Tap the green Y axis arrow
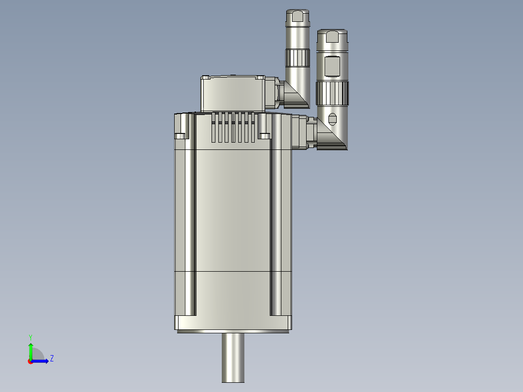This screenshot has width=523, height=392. click(x=31, y=349)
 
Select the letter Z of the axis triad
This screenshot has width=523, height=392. click(x=51, y=359)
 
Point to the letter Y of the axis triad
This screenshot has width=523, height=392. click(x=30, y=336)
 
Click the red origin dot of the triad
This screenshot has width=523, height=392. click(x=31, y=361)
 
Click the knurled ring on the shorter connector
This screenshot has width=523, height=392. click(x=332, y=92)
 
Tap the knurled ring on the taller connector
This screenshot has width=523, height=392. click(x=297, y=58)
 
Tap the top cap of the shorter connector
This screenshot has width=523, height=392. click(x=332, y=36)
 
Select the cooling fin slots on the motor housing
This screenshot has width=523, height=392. click(x=233, y=127)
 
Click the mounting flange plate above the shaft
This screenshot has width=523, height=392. click(x=233, y=323)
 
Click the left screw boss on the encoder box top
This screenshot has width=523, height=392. click(x=206, y=77)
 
